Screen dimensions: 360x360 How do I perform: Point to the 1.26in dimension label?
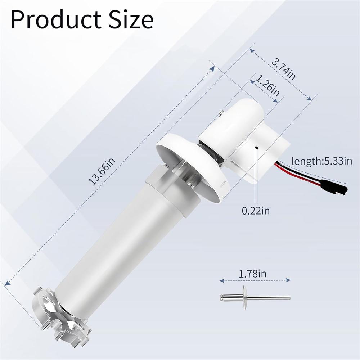click(x=267, y=85)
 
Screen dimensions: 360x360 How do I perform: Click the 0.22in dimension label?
click(x=256, y=210)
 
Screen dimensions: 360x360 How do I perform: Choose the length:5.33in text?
click(x=321, y=161)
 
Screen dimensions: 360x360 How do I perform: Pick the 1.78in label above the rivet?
click(x=253, y=274)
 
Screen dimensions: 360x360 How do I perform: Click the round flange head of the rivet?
click(x=246, y=298)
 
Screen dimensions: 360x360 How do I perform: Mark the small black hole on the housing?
click(x=255, y=148)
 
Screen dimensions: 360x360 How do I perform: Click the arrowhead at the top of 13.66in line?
click(x=212, y=68)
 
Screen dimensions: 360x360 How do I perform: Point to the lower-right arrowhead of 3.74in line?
click(x=309, y=98)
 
